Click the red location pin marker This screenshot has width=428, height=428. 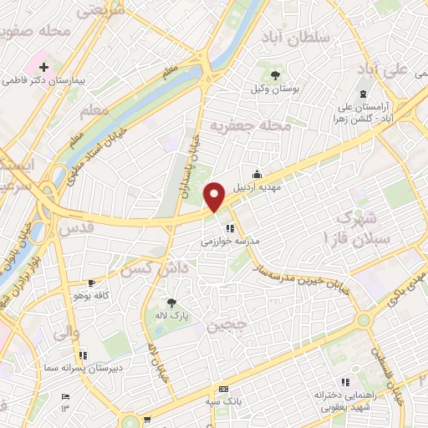pyautogui.click(x=215, y=196)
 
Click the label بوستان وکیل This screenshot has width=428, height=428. pyautogui.click(x=275, y=88)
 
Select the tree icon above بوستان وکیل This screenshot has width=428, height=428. pyautogui.click(x=275, y=76)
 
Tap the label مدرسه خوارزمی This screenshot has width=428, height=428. pyautogui.click(x=231, y=240)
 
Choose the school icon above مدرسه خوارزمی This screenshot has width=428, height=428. pyautogui.click(x=230, y=227)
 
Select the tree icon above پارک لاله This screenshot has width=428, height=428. pyautogui.click(x=172, y=303)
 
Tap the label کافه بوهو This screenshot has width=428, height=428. pyautogui.click(x=92, y=296)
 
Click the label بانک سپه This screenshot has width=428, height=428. pyautogui.click(x=223, y=401)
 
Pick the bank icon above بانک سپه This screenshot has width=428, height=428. pyautogui.click(x=223, y=390)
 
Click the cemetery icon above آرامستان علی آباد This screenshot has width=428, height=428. pyautogui.click(x=362, y=94)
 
